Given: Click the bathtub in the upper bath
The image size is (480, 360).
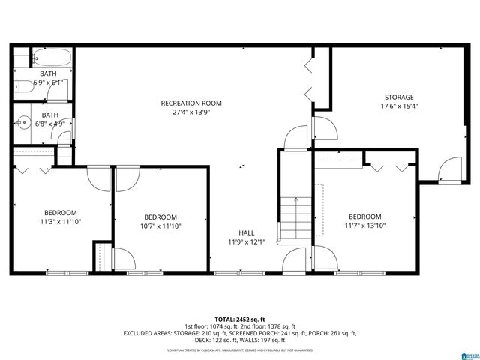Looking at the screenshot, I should [51, 58].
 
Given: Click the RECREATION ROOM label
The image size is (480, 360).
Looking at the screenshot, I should [191, 103].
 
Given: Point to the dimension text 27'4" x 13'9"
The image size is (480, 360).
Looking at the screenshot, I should [191, 112].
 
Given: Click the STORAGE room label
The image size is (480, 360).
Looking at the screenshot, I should [399, 97].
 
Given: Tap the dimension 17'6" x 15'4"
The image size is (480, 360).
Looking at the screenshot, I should [399, 106].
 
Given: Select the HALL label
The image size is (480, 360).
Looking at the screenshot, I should [246, 232].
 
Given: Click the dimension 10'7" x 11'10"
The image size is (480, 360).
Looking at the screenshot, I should [160, 226].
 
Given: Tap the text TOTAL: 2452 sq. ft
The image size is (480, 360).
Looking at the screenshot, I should [240, 319].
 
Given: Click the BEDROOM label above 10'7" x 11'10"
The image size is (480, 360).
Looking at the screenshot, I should [160, 217].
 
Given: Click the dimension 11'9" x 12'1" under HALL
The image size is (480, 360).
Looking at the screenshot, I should [246, 241].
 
